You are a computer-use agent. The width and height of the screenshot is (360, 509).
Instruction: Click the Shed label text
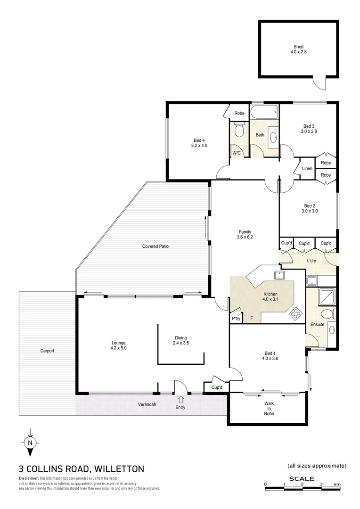point(298,47)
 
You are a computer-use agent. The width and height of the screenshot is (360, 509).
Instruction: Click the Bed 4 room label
point(199,140)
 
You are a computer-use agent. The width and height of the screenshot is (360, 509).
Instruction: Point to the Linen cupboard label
point(307,169)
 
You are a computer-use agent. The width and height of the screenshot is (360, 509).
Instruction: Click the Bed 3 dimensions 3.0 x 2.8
point(309,131)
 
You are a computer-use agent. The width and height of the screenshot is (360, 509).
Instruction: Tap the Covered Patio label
point(155,246)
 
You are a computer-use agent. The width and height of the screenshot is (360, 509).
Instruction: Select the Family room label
point(245,231)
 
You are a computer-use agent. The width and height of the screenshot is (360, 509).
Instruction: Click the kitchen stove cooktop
point(295,312)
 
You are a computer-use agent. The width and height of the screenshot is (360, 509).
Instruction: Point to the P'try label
point(236,319)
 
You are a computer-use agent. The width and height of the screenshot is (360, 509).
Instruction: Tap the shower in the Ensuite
point(326,296)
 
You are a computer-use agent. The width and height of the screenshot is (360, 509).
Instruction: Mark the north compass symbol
point(30,443)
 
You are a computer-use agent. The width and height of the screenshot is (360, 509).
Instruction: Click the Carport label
point(47,351)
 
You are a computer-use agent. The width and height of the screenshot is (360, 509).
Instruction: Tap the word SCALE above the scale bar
point(299,478)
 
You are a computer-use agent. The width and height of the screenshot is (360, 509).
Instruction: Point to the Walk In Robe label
point(269,409)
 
